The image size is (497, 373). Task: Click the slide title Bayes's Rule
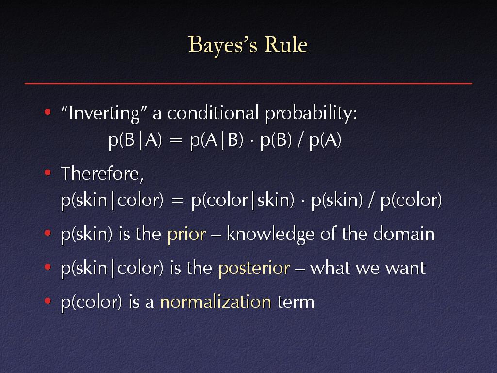(x=248, y=45)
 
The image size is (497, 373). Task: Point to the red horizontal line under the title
(x=248, y=83)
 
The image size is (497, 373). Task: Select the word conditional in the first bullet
(x=213, y=113)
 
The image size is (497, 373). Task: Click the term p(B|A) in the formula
(x=135, y=140)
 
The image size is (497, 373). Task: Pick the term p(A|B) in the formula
(x=216, y=140)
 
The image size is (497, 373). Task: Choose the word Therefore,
(x=102, y=174)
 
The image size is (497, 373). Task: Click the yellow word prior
(x=187, y=235)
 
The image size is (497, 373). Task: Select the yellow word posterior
(x=254, y=269)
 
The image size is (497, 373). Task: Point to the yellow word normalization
(x=216, y=302)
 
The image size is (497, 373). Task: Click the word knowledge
(x=270, y=235)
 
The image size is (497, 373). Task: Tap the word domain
(x=404, y=234)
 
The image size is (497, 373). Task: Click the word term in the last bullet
(x=296, y=302)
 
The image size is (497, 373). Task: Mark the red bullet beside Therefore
(x=48, y=172)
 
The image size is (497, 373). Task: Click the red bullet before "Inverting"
(x=48, y=112)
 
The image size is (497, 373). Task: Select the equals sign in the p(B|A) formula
(x=176, y=140)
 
